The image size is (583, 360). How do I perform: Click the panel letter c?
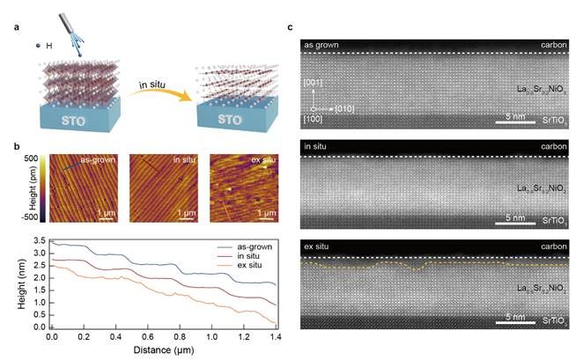(291, 26)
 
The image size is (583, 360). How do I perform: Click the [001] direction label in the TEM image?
(313, 82)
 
